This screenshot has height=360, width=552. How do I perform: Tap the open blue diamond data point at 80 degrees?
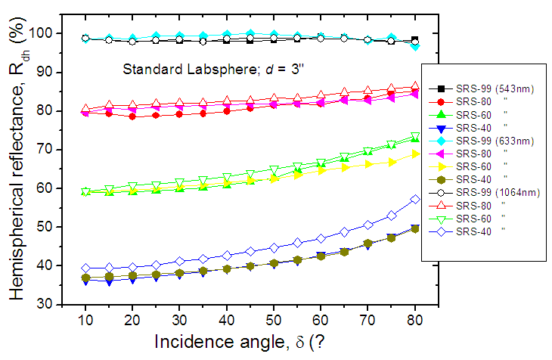tap(415, 199)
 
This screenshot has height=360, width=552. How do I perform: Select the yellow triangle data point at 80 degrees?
tap(415, 154)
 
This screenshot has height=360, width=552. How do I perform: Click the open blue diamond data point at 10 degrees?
tap(85, 268)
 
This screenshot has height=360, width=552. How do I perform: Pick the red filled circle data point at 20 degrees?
tap(132, 116)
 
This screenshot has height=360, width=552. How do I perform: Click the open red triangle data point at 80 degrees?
tap(415, 87)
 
